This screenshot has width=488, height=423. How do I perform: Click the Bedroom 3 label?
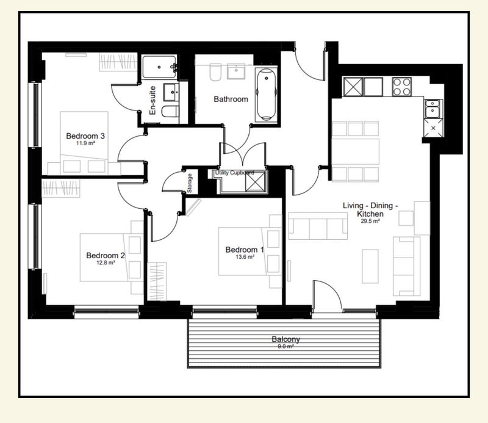pyautogui.click(x=85, y=136)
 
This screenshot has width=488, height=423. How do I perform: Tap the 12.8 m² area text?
pyautogui.click(x=106, y=262)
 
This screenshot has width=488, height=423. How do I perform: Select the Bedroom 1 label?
pyautogui.click(x=245, y=250)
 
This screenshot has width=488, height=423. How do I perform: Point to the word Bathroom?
pyautogui.click(x=231, y=99)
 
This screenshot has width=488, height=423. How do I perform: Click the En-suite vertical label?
pyautogui.click(x=152, y=100)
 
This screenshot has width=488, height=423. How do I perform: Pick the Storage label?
pyautogui.click(x=190, y=183)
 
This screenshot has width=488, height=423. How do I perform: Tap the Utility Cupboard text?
pyautogui.click(x=235, y=173)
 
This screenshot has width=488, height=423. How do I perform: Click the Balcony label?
pyautogui.click(x=285, y=339)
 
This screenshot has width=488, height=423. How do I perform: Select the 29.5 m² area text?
pyautogui.click(x=370, y=221)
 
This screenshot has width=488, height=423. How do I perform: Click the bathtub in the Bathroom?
pyautogui.click(x=266, y=95)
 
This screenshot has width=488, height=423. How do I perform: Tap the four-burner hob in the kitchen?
pyautogui.click(x=402, y=87)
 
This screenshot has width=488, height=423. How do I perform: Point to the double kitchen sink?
pyautogui.click(x=433, y=109)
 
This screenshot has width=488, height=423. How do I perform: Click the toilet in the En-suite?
pyautogui.click(x=170, y=111)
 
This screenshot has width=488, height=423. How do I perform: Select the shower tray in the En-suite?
pyautogui.click(x=160, y=67)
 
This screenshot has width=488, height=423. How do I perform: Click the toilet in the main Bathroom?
pyautogui.click(x=215, y=72)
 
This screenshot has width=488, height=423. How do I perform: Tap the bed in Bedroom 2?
pyautogui.click(x=107, y=258)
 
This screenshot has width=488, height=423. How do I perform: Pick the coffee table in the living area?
pyautogui.click(x=370, y=266)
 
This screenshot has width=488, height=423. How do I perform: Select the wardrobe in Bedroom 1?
pyautogui.click(x=157, y=281)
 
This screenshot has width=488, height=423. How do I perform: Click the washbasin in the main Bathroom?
pyautogui.click(x=236, y=71)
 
